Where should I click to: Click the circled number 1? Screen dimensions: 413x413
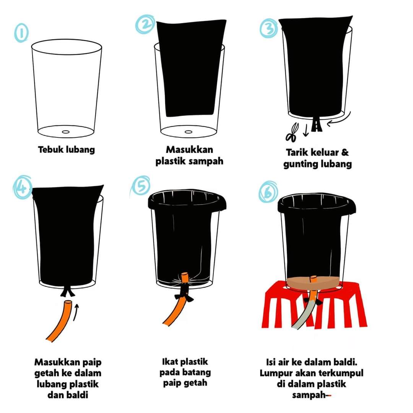[x=21, y=33]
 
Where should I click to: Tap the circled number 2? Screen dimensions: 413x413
[x=145, y=24]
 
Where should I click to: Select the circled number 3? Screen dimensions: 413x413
[x=268, y=28]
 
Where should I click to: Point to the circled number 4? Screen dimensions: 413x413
[x=23, y=187]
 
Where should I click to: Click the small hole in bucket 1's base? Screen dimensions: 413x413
[x=66, y=132]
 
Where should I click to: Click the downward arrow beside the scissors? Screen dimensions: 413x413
[x=306, y=130]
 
